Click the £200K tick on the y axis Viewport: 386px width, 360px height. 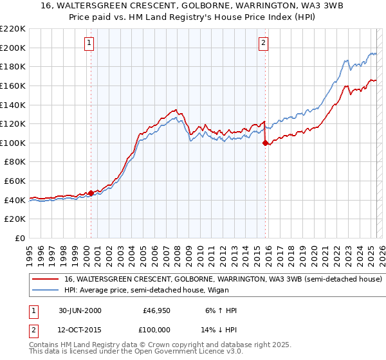click(13, 48)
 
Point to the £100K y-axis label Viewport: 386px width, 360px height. click(13, 143)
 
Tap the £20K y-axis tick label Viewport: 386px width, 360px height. click(15, 219)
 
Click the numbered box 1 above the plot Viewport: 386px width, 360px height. click(89, 43)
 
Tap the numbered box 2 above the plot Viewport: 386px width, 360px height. click(264, 43)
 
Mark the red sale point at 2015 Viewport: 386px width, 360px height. click(265, 143)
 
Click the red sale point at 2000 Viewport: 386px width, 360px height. click(91, 193)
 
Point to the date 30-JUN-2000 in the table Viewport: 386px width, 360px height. click(80, 310)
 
